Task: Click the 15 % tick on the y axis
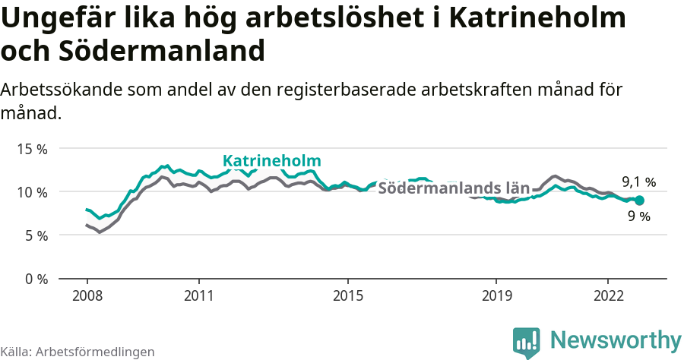coord(32,149)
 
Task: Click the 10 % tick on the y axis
coord(32,192)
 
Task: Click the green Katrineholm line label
coord(271,161)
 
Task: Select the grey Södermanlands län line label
coord(454,188)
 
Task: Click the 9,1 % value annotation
coord(638,182)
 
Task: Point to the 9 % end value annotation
coord(639,216)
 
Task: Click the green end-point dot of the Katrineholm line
coord(639,201)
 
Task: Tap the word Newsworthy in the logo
coord(616,339)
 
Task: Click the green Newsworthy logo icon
coord(527,343)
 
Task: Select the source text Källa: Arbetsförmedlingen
coord(78,352)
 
